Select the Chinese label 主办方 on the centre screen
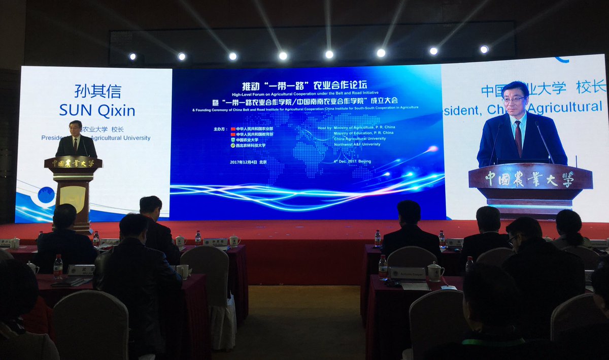click(x=219, y=129)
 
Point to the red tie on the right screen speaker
click(x=518, y=138)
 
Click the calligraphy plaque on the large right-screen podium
click(x=529, y=179)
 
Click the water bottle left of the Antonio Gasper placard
click(x=383, y=266)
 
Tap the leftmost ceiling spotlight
click(x=132, y=56)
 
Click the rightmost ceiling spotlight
click(x=484, y=50)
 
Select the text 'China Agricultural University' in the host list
click(x=360, y=139)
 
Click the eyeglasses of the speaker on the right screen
click(x=514, y=100)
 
